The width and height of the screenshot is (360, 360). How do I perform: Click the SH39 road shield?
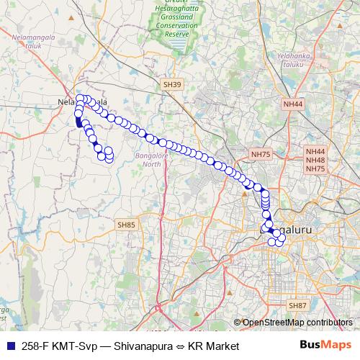coord(172,84)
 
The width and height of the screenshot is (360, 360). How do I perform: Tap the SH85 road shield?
coord(126,225)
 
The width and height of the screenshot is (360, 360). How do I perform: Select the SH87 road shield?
coord(297,306)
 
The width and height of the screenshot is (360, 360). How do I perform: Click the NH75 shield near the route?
coord(261,154)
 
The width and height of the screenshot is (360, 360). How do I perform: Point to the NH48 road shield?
coord(315,160)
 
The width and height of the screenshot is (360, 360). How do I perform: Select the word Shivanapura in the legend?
coord(140,346)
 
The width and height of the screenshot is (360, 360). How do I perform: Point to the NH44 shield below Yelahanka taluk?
coord(293,104)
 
